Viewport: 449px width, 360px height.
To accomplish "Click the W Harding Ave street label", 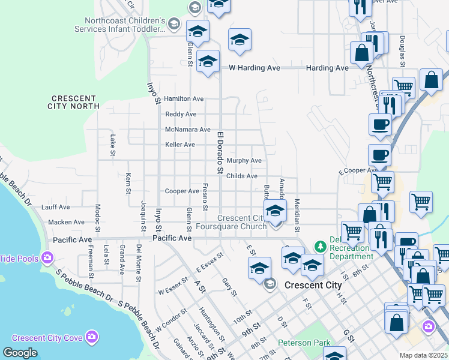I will (255, 68).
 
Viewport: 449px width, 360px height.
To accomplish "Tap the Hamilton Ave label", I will (184, 98).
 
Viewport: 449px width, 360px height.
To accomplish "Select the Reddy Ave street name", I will (181, 114).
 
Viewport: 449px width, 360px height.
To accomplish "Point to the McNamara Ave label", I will (188, 129).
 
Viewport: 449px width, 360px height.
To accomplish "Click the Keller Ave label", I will (180, 145).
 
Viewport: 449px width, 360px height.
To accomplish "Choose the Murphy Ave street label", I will (244, 161).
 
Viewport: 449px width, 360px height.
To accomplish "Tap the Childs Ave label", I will (242, 176).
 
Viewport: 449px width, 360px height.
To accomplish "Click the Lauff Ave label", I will (56, 207).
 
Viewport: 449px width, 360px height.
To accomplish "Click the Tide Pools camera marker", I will (47, 259).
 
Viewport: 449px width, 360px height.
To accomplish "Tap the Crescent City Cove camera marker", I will (91, 337).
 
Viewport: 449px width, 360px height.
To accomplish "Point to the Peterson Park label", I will (304, 343).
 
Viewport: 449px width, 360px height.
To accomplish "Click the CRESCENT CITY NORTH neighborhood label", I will (73, 102).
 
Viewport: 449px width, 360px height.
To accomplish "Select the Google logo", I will (20, 353).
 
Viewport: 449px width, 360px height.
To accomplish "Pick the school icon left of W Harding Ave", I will (208, 62).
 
